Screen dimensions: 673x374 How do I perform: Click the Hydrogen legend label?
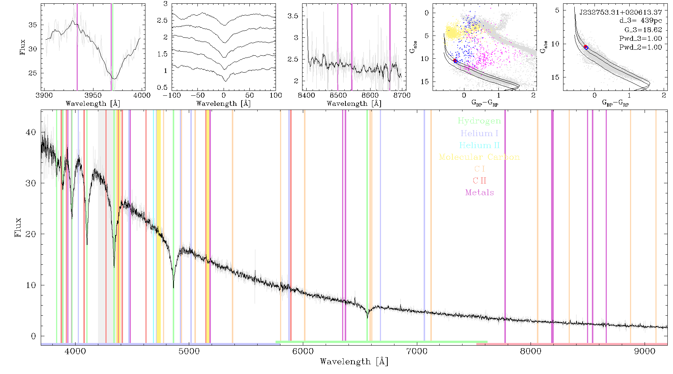click(479, 121)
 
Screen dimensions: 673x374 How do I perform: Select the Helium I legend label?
click(479, 133)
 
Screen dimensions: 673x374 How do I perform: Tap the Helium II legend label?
click(479, 145)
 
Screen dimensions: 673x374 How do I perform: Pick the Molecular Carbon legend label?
click(479, 157)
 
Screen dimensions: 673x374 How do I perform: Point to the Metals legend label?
click(480, 193)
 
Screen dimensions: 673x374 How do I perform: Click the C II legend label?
click(480, 181)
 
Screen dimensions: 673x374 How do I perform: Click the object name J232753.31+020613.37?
click(621, 12)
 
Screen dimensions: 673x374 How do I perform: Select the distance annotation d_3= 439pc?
click(640, 21)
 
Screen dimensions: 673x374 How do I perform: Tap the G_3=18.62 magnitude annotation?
click(643, 30)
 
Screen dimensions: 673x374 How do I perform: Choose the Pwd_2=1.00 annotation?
click(640, 47)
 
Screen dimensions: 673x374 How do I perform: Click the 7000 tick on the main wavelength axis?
click(417, 352)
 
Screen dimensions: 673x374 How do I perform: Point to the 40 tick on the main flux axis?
click(31, 132)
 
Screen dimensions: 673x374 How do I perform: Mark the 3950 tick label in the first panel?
click(93, 95)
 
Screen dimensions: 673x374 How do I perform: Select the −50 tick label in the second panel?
click(200, 95)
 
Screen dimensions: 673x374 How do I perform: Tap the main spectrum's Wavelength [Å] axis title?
click(354, 361)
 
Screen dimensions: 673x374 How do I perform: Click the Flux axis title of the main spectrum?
click(18, 227)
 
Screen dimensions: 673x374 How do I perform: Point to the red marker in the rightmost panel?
click(586, 47)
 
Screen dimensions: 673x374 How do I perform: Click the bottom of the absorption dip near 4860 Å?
click(173, 287)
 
